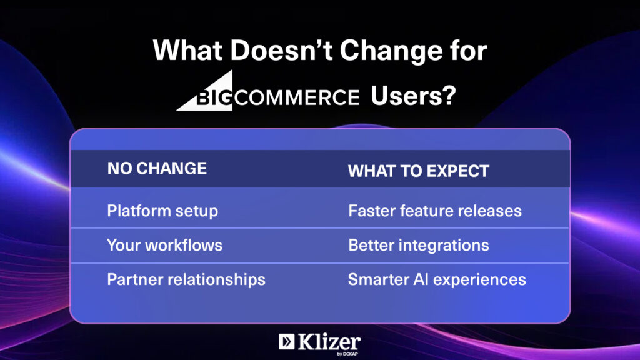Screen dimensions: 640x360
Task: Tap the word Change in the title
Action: click(391, 51)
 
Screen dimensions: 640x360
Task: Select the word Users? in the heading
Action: click(413, 96)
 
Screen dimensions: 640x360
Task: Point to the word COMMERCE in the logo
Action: click(297, 98)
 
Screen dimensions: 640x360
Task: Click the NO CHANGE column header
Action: click(157, 169)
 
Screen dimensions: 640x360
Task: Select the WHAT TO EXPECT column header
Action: click(418, 171)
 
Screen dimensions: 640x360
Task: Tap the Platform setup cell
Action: click(162, 211)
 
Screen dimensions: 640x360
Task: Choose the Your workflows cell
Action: click(164, 245)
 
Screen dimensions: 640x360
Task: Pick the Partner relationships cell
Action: click(186, 279)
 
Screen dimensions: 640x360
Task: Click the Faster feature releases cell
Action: click(435, 211)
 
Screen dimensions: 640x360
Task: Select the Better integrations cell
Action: click(419, 245)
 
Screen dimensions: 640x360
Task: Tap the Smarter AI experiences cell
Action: click(437, 279)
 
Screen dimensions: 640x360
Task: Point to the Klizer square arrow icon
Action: click(286, 342)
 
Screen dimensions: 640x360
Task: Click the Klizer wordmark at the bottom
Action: click(329, 342)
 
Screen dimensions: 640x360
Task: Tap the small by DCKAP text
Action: click(347, 354)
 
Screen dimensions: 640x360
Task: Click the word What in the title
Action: click(187, 50)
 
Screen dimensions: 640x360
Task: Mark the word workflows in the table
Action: click(184, 245)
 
